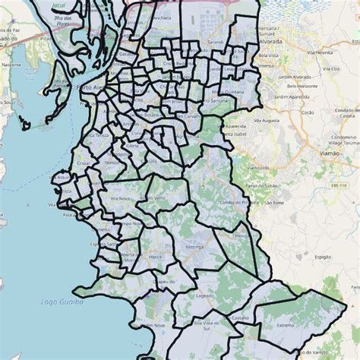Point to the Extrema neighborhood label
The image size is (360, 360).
click(286, 324)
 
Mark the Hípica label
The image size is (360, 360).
click(156, 257)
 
